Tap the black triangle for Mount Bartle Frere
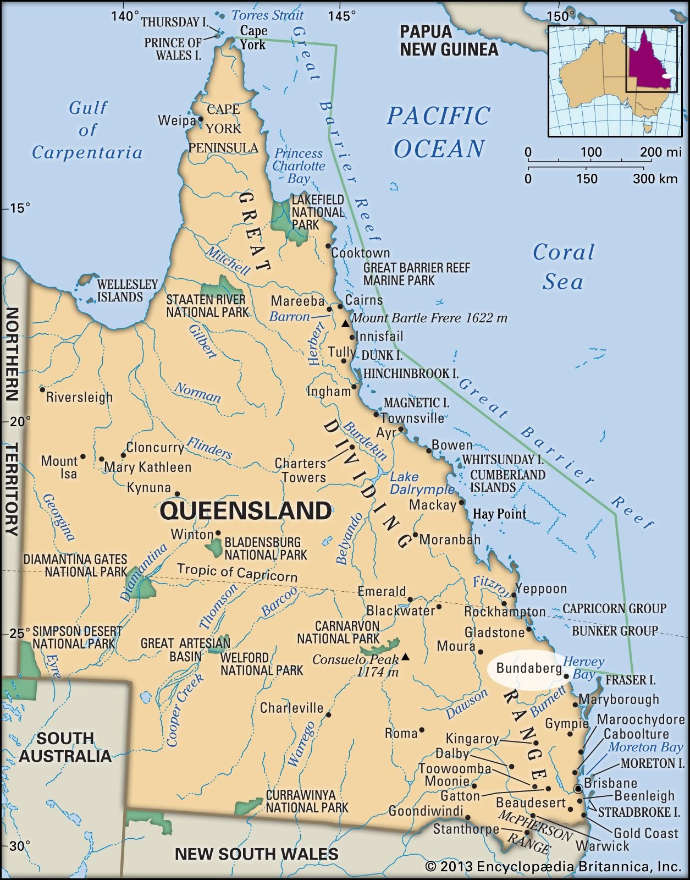[345, 324]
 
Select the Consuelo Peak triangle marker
[405, 656]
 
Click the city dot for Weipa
[201, 119]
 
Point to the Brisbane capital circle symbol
[578, 789]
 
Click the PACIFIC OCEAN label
[438, 132]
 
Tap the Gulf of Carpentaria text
[87, 130]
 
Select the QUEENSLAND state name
[245, 510]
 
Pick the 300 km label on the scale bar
[655, 179]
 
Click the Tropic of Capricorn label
[237, 573]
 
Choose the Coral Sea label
[564, 267]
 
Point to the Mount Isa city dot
[83, 456]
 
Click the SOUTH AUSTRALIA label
[65, 746]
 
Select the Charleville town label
[291, 707]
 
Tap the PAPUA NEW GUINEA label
[449, 40]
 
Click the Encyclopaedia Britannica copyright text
[553, 867]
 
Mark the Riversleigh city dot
[42, 389]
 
